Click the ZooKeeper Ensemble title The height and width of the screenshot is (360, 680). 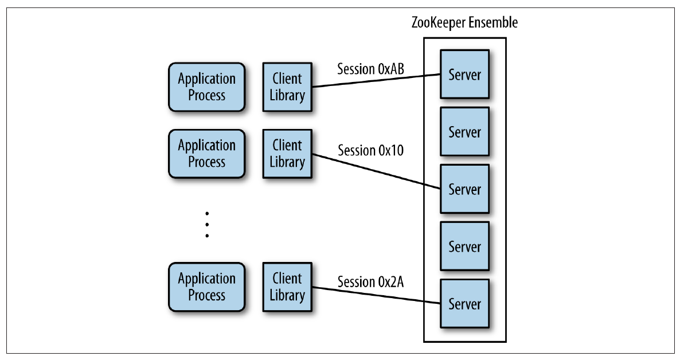coord(464,23)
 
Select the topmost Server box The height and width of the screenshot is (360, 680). coord(464,75)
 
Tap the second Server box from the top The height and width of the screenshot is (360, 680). coord(464,132)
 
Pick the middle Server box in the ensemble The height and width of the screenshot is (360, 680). coord(464,189)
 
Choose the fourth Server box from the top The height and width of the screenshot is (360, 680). coord(464,246)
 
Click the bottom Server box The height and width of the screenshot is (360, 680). coord(464,303)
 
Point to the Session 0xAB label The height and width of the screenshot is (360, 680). coord(370,68)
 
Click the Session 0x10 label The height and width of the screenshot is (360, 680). coord(370,151)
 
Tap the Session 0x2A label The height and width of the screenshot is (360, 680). coord(370,281)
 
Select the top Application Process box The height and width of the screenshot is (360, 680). coord(206,87)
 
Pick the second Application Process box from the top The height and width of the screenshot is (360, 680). coord(206,153)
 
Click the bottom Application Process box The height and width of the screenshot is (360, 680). coord(206,287)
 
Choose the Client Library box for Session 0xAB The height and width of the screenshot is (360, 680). coord(287,87)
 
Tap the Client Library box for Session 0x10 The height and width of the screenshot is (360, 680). coord(287,153)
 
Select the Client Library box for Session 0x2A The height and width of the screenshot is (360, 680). coord(287,287)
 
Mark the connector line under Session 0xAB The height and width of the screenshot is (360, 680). coord(376,81)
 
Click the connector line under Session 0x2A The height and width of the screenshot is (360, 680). coord(376,295)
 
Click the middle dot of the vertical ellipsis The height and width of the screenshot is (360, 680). coord(206,224)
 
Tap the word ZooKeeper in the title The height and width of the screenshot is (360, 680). coord(439,23)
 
